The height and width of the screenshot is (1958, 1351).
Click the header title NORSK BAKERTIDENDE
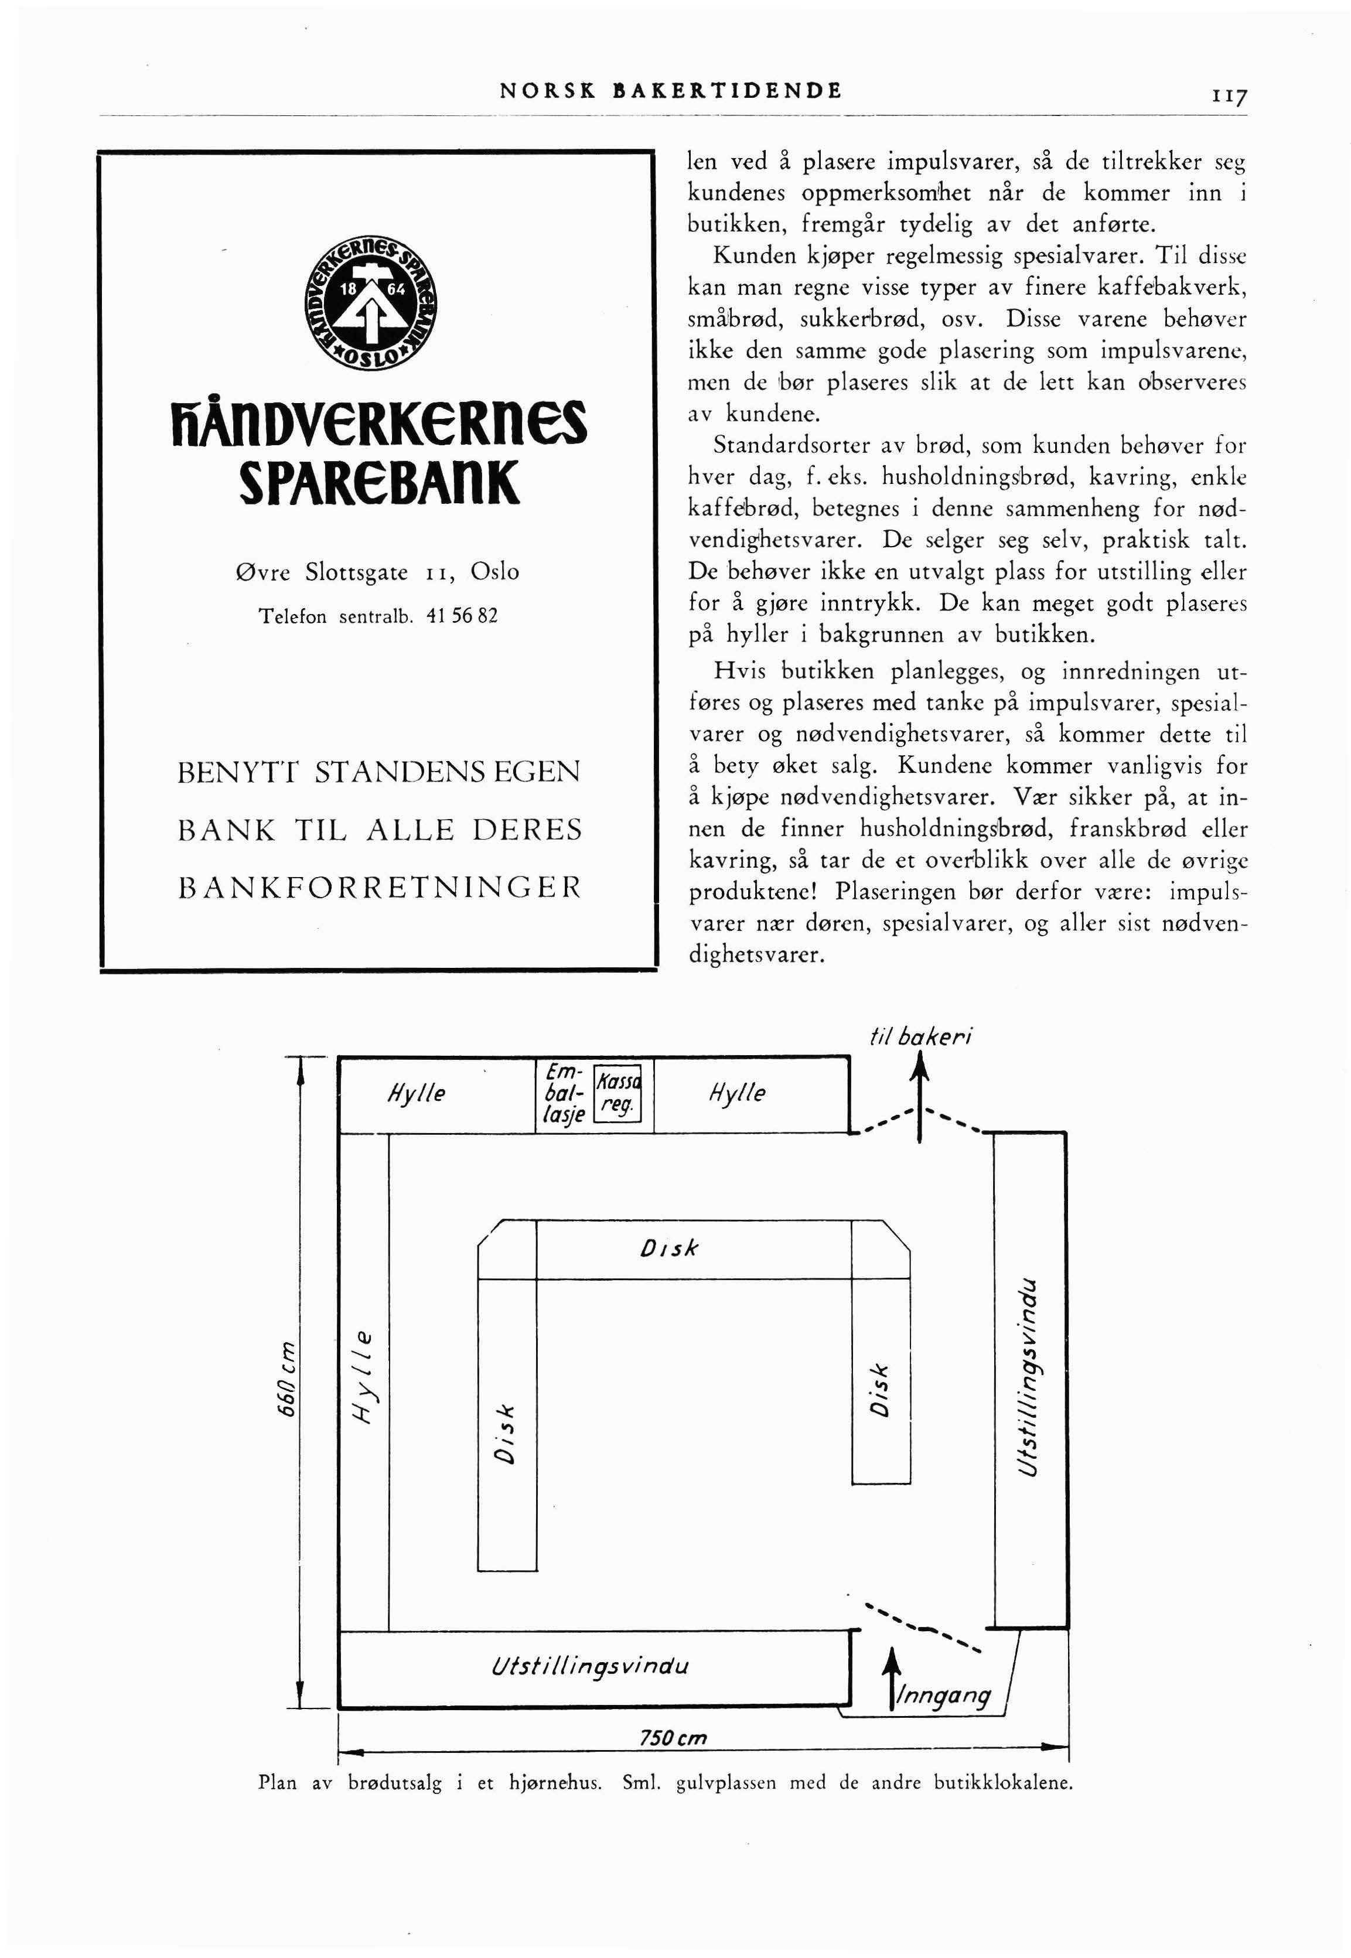coord(670,91)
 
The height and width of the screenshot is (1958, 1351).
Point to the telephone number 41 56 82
coord(462,616)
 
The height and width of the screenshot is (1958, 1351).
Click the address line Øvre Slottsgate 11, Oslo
coord(377,572)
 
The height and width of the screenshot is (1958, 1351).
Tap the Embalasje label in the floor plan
coord(565,1094)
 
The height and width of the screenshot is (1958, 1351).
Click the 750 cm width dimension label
coord(672,1738)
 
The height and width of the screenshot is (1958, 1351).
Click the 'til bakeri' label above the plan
coord(921,1036)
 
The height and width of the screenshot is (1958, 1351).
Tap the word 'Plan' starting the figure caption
coord(278,1783)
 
